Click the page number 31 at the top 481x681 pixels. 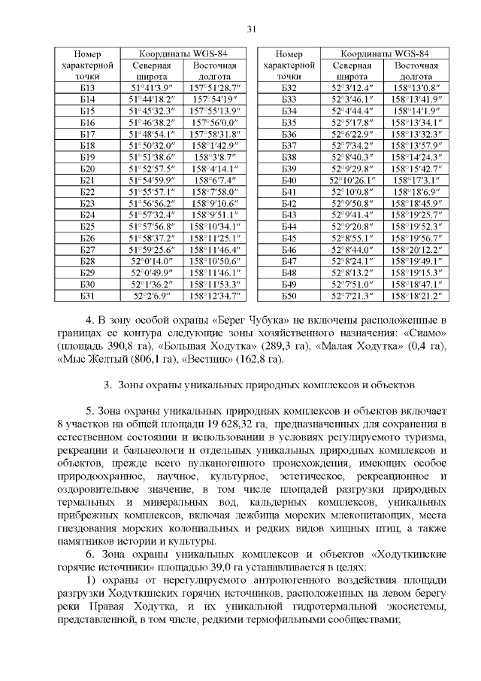tap(252, 29)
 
